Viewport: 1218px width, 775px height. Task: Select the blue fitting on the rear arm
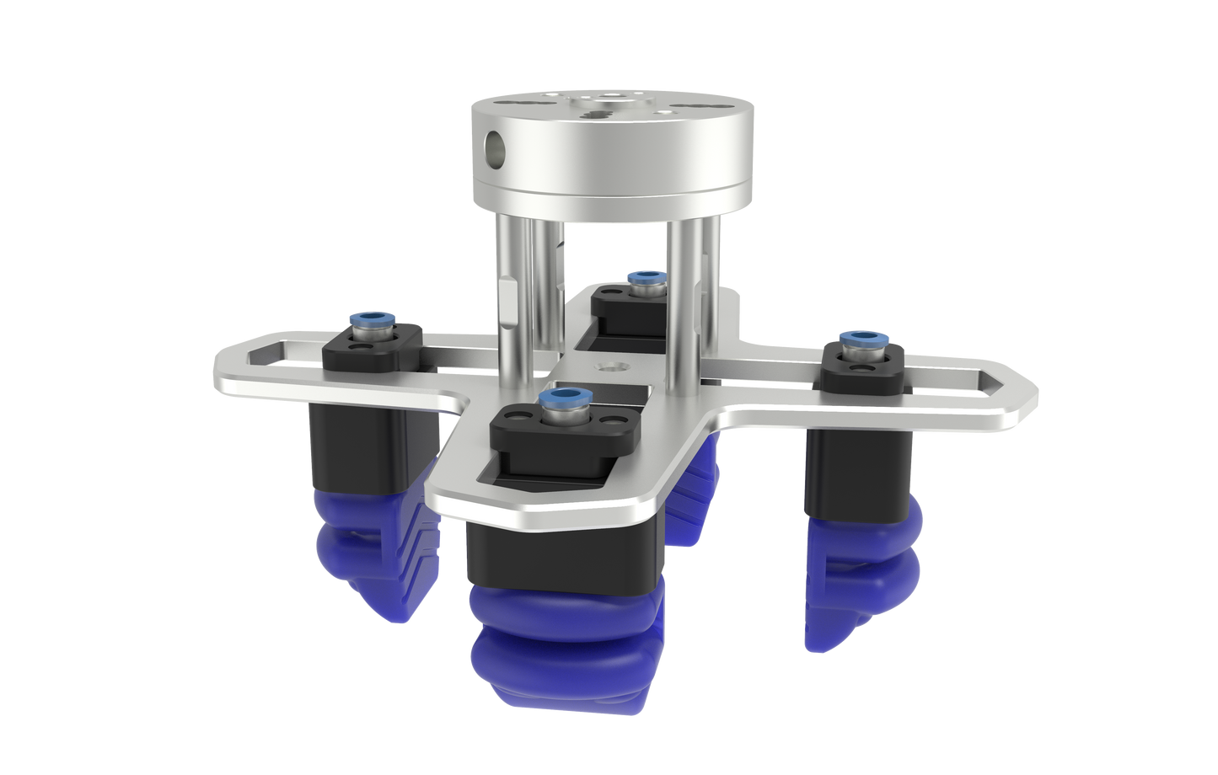(646, 277)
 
